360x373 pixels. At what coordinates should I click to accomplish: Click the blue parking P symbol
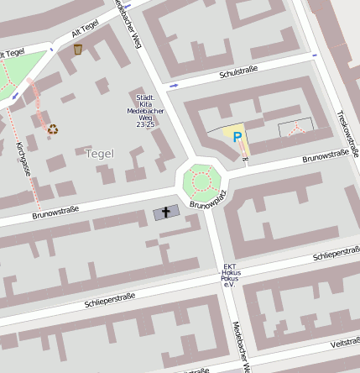237,137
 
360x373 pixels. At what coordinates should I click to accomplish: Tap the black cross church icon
166,213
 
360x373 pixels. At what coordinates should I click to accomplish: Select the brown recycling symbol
53,129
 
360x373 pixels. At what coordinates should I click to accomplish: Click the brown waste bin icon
78,50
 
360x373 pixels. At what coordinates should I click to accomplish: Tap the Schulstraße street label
237,73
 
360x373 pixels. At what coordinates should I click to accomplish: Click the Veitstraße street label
344,343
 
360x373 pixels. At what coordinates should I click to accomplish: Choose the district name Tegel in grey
99,153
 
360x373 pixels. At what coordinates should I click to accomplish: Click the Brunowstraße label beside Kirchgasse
55,213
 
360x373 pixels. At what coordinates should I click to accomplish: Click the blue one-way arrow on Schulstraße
174,85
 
